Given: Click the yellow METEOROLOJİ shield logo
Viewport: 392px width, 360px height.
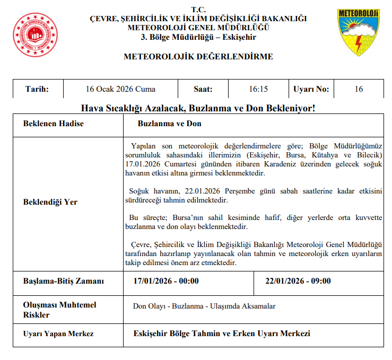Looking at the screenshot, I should (358, 32).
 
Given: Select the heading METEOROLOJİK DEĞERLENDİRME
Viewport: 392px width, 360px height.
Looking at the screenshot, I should (198, 56).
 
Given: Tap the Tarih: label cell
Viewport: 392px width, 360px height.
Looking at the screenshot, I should (37, 89).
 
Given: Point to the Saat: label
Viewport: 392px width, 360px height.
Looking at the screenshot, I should (203, 89).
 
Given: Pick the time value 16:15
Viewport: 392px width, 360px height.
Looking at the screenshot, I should (258, 89).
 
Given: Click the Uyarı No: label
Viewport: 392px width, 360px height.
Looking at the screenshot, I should (311, 89).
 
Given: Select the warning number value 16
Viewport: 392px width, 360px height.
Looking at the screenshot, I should (359, 89).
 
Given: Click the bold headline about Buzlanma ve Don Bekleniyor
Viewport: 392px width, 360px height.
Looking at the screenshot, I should (198, 108).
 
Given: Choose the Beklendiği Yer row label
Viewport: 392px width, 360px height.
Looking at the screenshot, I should (50, 202).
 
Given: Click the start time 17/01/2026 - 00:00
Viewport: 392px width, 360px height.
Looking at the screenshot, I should (167, 281).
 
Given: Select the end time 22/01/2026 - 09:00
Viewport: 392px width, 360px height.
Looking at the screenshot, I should (298, 281).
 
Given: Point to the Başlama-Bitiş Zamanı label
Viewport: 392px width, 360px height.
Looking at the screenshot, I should (63, 281).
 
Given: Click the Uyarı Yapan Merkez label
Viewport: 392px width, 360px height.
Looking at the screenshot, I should (58, 333).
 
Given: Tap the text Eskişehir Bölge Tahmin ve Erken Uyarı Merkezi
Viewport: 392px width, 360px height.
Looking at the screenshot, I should (222, 333).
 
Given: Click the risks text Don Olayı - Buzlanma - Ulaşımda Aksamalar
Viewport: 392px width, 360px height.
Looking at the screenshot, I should (204, 306).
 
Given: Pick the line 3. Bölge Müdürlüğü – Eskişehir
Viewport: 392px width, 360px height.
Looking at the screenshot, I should (198, 38).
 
